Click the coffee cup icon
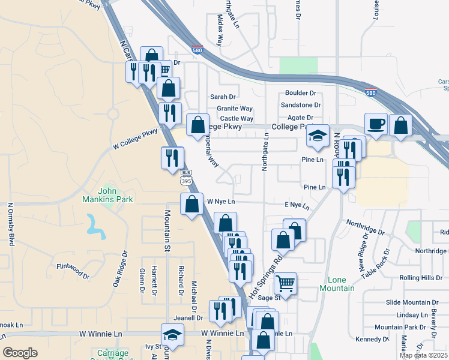pos(376,125)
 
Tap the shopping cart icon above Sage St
pos(286,283)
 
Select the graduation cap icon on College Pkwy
pos(318,136)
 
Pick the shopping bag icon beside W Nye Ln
pos(191,204)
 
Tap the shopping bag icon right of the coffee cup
pos(400,125)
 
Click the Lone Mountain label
pos(341,284)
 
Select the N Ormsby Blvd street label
pos(10,224)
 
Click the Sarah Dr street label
pos(223,97)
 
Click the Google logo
pos(20,353)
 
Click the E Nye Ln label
pos(297,206)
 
